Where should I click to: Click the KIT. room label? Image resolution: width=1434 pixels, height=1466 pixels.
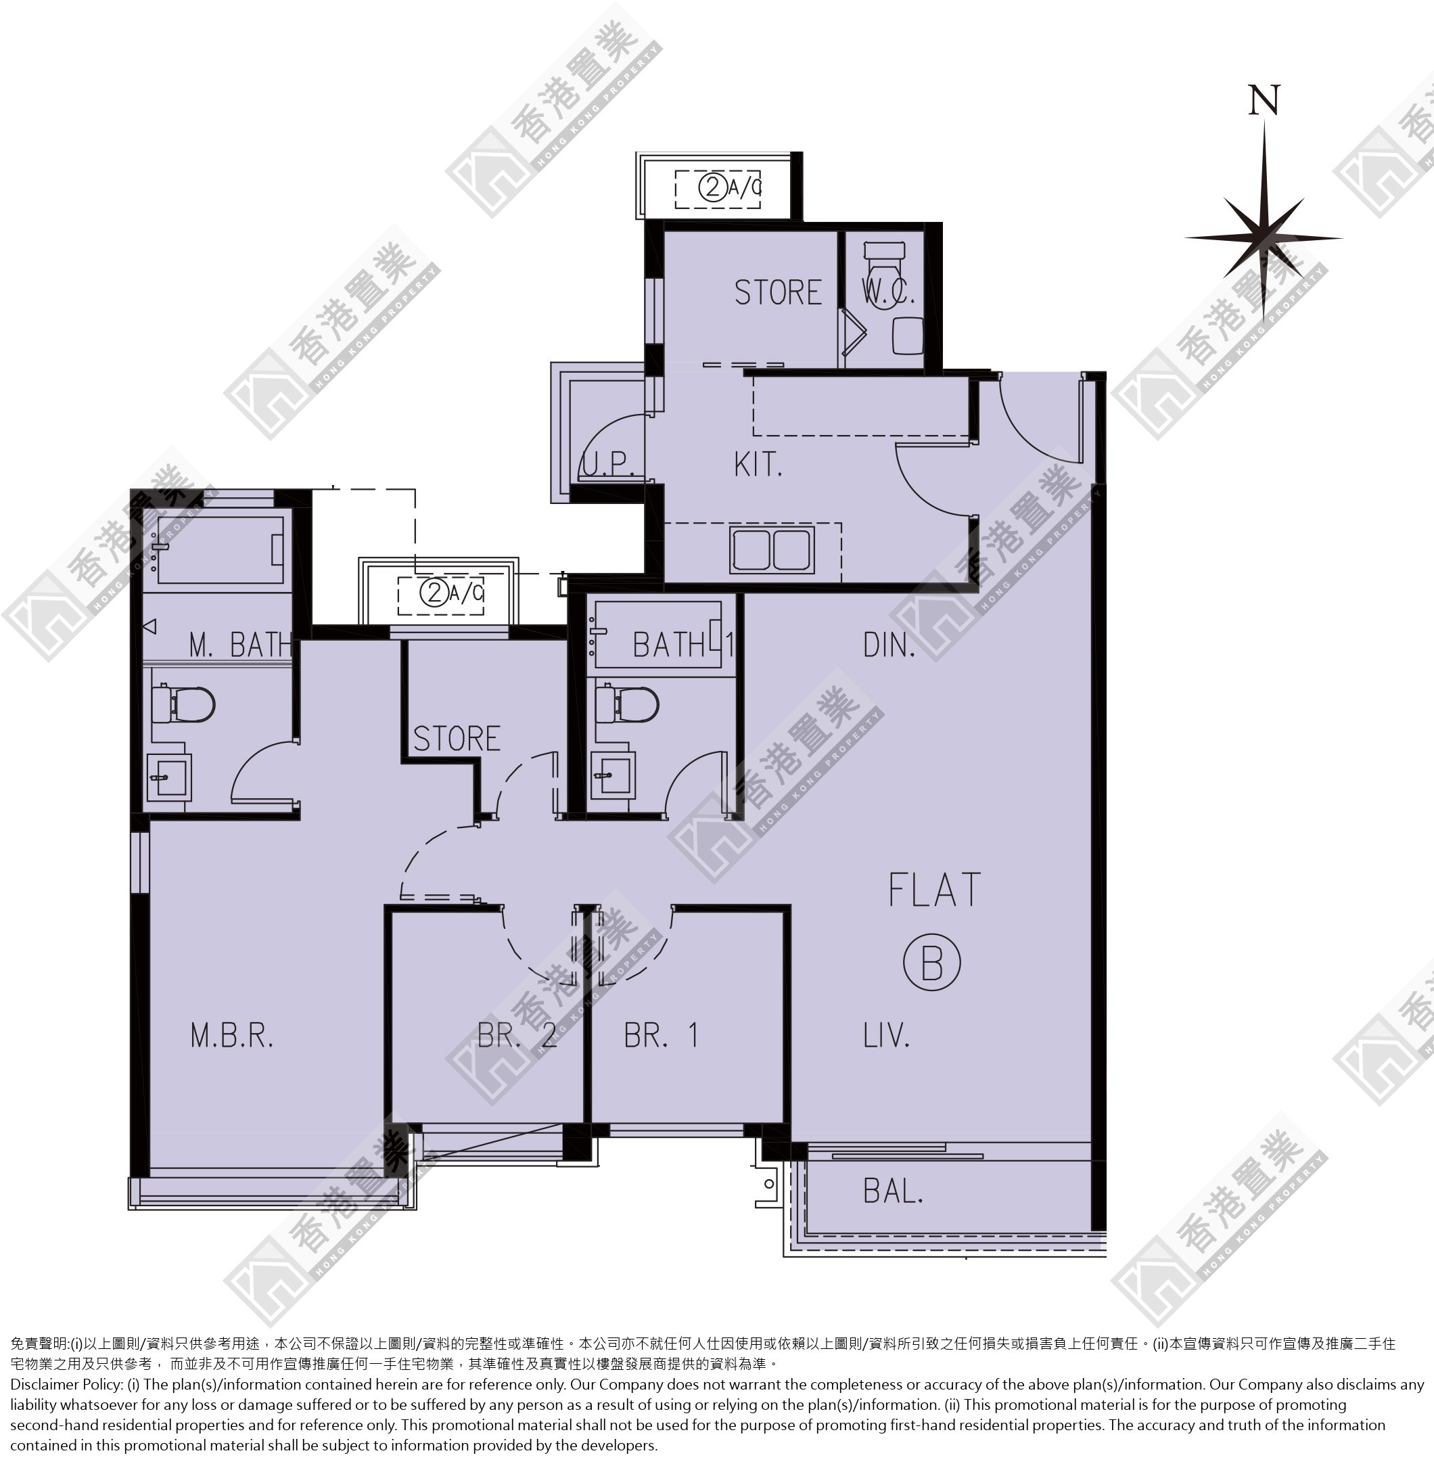coord(758,464)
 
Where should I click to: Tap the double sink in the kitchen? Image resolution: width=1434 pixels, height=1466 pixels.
coord(771,550)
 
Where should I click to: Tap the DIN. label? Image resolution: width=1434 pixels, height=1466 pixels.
coord(889,645)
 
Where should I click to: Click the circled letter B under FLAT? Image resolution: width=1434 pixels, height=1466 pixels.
coord(932,963)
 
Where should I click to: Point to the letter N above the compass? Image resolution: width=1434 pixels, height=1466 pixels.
coord(1264,100)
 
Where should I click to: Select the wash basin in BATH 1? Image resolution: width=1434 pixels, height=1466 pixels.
coord(612,775)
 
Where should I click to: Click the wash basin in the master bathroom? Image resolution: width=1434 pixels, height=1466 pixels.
coord(168,777)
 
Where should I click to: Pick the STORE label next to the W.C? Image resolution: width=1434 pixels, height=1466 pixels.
coord(778,292)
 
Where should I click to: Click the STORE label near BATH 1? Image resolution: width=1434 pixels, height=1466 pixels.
coord(457,738)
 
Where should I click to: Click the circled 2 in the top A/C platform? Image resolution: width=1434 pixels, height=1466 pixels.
coord(713,187)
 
